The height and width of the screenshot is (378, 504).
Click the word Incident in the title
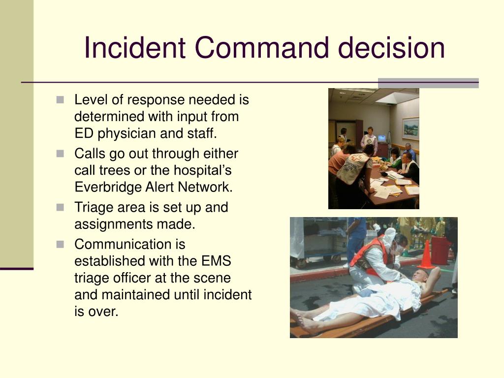[x=134, y=48]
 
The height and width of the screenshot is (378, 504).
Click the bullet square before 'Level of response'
[x=61, y=100]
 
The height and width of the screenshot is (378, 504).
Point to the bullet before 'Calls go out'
[x=61, y=154]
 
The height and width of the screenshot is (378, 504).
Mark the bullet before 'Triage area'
[x=61, y=207]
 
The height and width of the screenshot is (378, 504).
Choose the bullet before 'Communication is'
[x=61, y=244]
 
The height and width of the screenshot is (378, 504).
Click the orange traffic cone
[x=426, y=254]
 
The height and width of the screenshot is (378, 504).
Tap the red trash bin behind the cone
[x=440, y=250]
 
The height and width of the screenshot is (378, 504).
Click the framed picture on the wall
[x=410, y=129]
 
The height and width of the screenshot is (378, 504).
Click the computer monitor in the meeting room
[x=381, y=138]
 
